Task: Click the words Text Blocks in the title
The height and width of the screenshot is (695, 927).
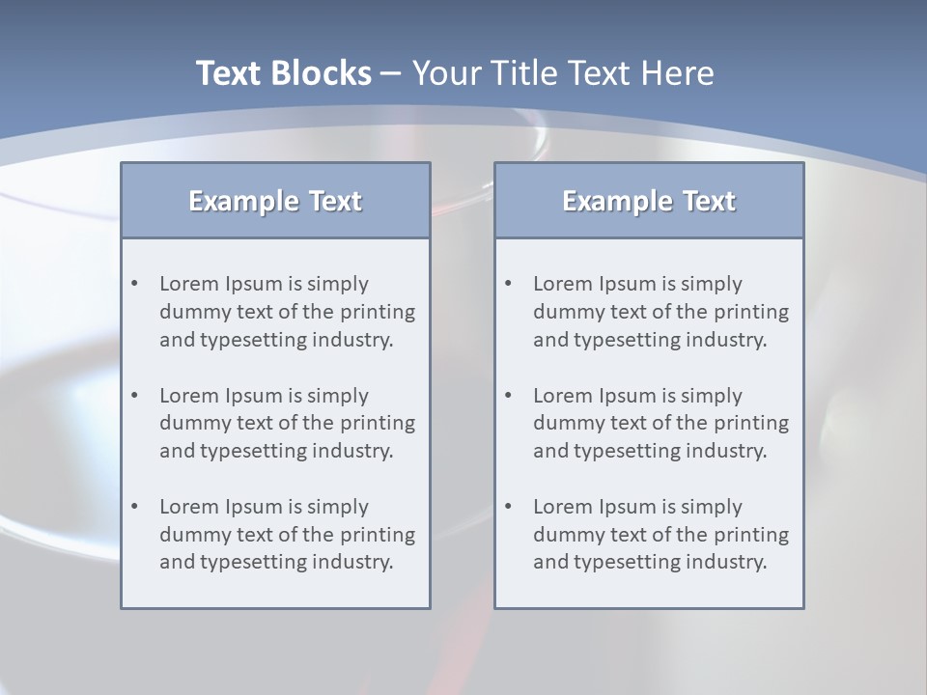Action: coord(283,73)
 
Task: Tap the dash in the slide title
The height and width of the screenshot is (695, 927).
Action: coord(391,74)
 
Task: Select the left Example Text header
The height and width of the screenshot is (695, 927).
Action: coord(275,201)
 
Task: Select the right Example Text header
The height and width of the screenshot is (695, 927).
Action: coord(649,201)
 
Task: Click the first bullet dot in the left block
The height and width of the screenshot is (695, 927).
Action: coord(134,284)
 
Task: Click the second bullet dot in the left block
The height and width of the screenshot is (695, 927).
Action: coord(134,396)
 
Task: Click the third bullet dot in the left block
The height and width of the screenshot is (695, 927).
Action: coord(134,507)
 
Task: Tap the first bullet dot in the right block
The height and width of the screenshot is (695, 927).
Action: coord(508,284)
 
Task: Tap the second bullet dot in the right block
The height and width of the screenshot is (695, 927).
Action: coord(508,396)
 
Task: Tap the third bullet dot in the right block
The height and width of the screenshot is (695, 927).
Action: coord(508,507)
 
